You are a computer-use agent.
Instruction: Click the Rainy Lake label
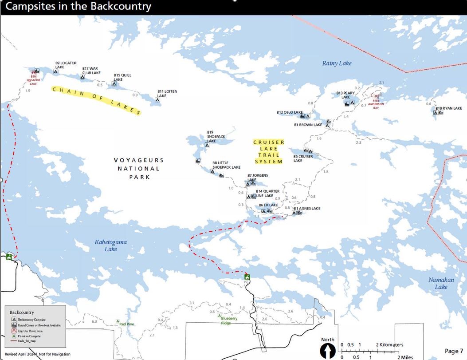pyautogui.click(x=337, y=63)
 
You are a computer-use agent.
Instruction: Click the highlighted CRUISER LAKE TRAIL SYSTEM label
pyautogui.click(x=268, y=152)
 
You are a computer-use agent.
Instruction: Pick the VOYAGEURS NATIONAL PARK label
pyautogui.click(x=138, y=168)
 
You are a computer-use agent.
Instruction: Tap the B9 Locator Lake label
pyautogui.click(x=66, y=65)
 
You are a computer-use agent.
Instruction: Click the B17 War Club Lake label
pyautogui.click(x=91, y=71)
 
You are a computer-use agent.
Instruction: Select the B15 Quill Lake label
pyautogui.click(x=122, y=77)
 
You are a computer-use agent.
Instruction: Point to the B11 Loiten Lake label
pyautogui.click(x=167, y=94)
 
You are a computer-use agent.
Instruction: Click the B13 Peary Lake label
pyautogui.click(x=345, y=95)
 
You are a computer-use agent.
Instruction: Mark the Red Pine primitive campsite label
pyautogui.click(x=127, y=324)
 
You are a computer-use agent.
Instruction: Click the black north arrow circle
pyautogui.click(x=327, y=351)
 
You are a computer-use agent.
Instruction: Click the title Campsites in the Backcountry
pyautogui.click(x=78, y=7)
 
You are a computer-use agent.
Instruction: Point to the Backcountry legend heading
pyautogui.click(x=22, y=313)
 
